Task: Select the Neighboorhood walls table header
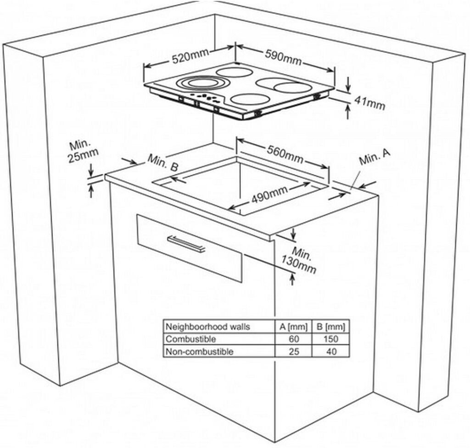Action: pos(207,327)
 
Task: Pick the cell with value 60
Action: pos(294,339)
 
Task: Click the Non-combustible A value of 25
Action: pos(294,352)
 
